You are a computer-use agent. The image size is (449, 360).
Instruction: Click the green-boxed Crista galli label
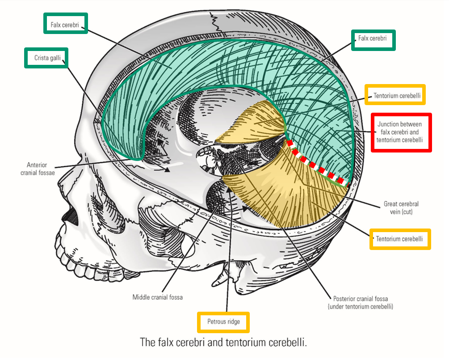coord(47,58)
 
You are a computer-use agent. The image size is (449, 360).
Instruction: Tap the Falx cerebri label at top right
coord(373,39)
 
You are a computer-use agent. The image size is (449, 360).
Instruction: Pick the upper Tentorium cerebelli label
coord(395,95)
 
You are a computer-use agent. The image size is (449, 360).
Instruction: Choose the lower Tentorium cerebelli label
coord(399,239)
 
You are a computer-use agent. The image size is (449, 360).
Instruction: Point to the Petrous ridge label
coord(223,322)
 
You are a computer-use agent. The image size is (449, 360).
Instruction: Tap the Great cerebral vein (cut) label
coord(401,208)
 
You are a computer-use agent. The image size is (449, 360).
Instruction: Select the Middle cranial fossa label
coord(158,297)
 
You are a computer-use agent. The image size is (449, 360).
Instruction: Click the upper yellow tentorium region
coord(252,123)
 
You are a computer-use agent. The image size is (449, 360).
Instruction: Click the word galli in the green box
coord(54,58)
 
